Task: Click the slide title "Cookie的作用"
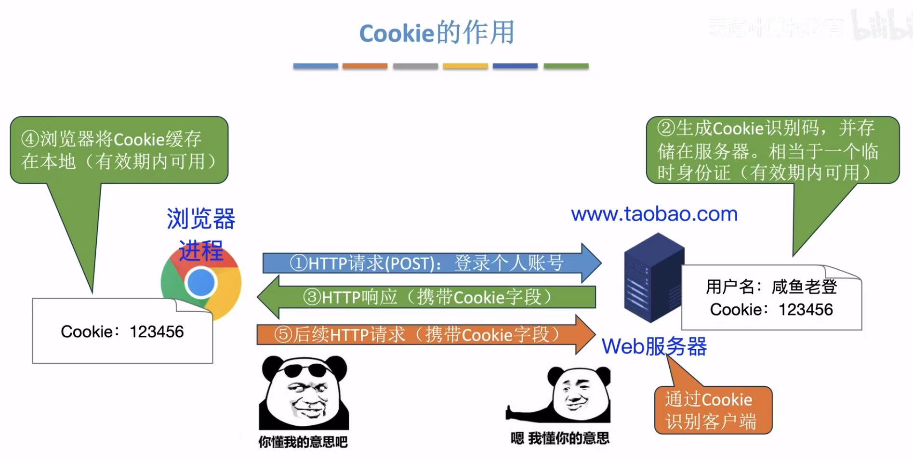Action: pyautogui.click(x=437, y=33)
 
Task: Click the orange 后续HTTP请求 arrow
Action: pyautogui.click(x=424, y=334)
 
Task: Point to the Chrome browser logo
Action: pyautogui.click(x=201, y=283)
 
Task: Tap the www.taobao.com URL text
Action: pyautogui.click(x=654, y=214)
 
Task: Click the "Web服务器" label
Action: pyautogui.click(x=654, y=346)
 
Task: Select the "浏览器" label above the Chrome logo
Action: pyautogui.click(x=201, y=219)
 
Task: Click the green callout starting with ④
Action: pyautogui.click(x=119, y=150)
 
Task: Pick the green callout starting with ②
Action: pyautogui.click(x=772, y=150)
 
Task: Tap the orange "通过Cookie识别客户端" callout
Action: pyautogui.click(x=713, y=410)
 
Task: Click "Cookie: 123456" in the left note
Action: pyautogui.click(x=122, y=331)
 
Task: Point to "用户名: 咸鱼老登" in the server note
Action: pyautogui.click(x=771, y=287)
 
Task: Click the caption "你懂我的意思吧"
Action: pyautogui.click(x=303, y=442)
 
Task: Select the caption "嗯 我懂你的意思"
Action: pyautogui.click(x=560, y=438)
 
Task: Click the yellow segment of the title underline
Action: pyautogui.click(x=465, y=66)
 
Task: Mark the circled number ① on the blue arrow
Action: pyautogui.click(x=298, y=263)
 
